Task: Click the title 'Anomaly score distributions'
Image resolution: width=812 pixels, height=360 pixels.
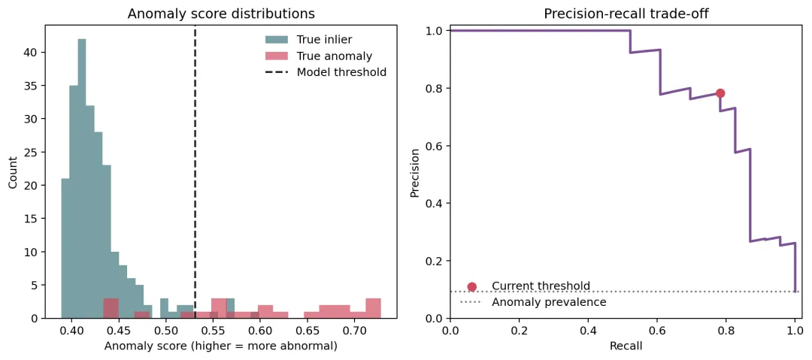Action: [x=221, y=14]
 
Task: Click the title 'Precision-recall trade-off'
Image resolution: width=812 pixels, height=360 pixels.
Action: [x=626, y=14]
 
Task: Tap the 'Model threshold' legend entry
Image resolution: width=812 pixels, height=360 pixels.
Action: [x=326, y=72]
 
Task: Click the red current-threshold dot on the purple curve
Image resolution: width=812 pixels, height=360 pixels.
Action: [x=720, y=93]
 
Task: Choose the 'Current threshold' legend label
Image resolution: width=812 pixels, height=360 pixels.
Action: [x=541, y=286]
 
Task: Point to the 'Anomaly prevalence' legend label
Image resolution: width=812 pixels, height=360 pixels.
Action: [x=549, y=302]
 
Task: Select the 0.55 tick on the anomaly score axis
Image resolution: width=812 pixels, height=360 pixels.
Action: [x=213, y=321]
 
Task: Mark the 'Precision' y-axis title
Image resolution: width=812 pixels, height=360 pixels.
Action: [x=414, y=173]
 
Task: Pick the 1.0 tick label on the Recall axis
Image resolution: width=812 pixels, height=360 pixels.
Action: [x=795, y=330]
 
